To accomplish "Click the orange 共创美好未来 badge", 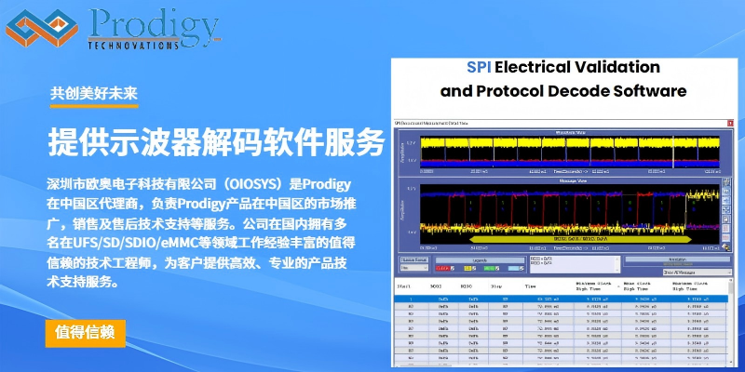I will tap(94, 93).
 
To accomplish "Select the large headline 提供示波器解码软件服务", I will tap(215, 142).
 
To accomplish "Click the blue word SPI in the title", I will tap(480, 68).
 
